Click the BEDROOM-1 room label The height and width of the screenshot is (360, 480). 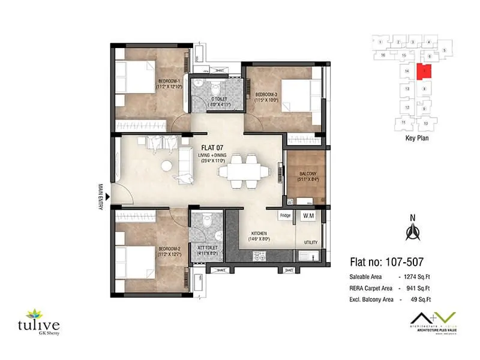pos(170,81)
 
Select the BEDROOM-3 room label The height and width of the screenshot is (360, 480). pos(266,94)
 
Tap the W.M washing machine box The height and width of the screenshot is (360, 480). pos(307,215)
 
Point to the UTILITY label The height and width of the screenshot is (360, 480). pos(310,242)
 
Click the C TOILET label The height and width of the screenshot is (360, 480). pos(215,99)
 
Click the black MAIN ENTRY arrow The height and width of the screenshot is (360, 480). pos(108,196)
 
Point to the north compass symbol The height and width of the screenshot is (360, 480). pos(412,230)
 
